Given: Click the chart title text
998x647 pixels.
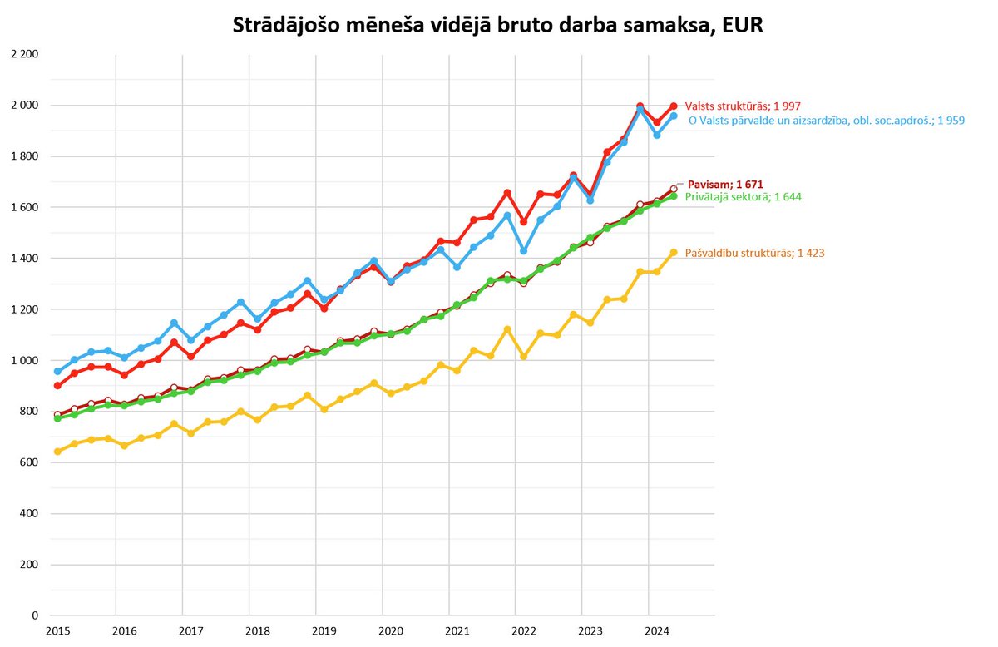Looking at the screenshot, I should click(497, 27).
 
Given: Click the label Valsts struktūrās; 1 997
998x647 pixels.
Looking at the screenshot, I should click(736, 106).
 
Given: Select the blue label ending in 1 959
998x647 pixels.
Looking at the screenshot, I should click(827, 121).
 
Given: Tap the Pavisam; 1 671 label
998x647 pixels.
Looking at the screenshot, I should click(725, 184).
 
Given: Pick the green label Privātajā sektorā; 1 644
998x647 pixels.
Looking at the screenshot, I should click(743, 197).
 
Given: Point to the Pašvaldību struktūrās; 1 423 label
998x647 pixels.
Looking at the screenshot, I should click(754, 253).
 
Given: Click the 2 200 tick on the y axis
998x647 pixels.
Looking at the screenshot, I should click(27, 55).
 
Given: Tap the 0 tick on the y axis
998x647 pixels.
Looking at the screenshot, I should click(35, 616).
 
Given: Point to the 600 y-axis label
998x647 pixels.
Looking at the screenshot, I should click(30, 462).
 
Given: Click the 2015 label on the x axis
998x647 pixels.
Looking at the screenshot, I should click(57, 631).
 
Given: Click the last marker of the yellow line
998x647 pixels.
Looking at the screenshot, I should click(674, 253).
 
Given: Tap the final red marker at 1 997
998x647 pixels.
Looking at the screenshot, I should click(674, 106).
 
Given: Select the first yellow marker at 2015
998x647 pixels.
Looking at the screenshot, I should click(57, 452).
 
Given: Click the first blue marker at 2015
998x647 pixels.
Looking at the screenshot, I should click(57, 372).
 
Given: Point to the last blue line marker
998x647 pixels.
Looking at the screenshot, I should click(674, 116).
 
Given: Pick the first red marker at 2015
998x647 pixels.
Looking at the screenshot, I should click(57, 386).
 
